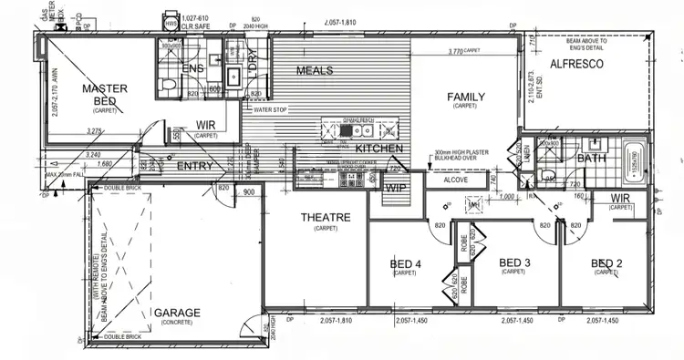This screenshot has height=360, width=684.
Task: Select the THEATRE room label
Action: point(326,217)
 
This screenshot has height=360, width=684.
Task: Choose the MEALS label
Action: point(315,70)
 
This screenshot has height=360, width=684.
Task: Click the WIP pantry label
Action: point(395,187)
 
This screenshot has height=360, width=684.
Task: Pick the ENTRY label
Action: point(194,166)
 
